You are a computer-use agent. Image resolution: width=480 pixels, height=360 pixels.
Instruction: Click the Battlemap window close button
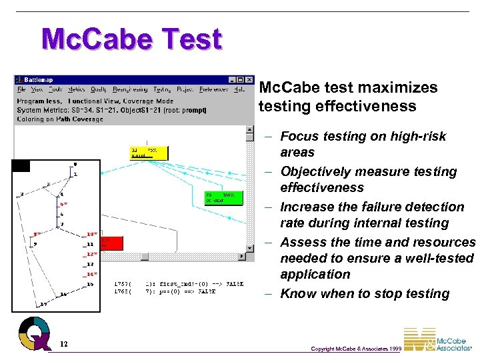tap(249, 80)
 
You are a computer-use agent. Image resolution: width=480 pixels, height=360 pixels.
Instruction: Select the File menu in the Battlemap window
tap(21, 89)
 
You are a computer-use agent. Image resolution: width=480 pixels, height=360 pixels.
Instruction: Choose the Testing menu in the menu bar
tap(161, 89)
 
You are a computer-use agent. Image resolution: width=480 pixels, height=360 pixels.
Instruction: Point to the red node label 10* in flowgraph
tap(91, 234)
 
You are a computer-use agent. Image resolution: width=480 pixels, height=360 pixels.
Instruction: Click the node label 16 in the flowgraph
tap(89, 285)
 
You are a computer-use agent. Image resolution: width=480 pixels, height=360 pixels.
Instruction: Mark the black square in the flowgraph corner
tap(21, 166)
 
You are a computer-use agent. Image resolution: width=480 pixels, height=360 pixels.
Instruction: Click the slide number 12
tap(63, 344)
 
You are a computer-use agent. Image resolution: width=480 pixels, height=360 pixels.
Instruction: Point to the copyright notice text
tap(355, 349)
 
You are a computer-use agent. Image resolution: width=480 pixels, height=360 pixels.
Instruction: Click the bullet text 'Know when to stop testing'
tap(365, 293)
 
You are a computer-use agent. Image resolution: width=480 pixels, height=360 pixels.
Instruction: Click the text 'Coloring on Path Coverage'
tap(60, 120)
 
